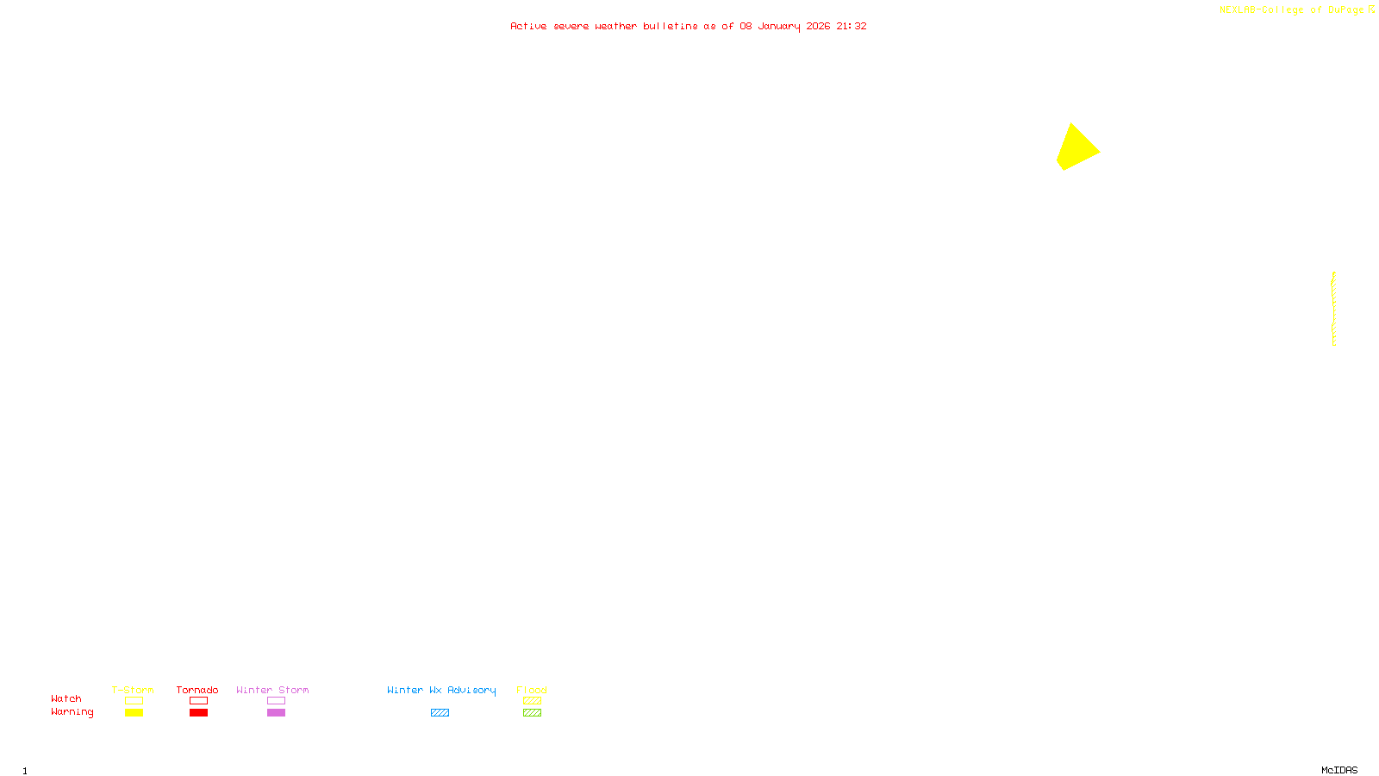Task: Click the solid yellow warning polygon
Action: pyautogui.click(x=1076, y=148)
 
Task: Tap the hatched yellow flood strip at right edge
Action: pyautogui.click(x=1333, y=309)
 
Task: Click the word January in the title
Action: pyautogui.click(x=778, y=26)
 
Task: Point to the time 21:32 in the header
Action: pyautogui.click(x=851, y=26)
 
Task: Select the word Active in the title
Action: pyautogui.click(x=528, y=26)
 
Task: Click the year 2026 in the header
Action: pyautogui.click(x=818, y=26)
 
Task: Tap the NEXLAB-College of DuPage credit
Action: pyautogui.click(x=1291, y=10)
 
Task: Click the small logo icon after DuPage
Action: pyautogui.click(x=1371, y=9)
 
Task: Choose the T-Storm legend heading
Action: pyautogui.click(x=133, y=690)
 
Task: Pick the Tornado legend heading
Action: pyautogui.click(x=197, y=690)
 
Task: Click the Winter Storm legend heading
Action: pyautogui.click(x=272, y=690)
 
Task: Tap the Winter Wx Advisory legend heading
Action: pyautogui.click(x=441, y=690)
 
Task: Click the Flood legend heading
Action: pyautogui.click(x=532, y=690)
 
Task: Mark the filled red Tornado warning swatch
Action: pyautogui.click(x=198, y=713)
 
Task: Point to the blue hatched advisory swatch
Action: pyautogui.click(x=440, y=713)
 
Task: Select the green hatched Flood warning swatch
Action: pyautogui.click(x=532, y=713)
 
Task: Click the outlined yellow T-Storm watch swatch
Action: pyautogui.click(x=134, y=701)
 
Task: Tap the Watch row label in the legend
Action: pyautogui.click(x=66, y=698)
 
